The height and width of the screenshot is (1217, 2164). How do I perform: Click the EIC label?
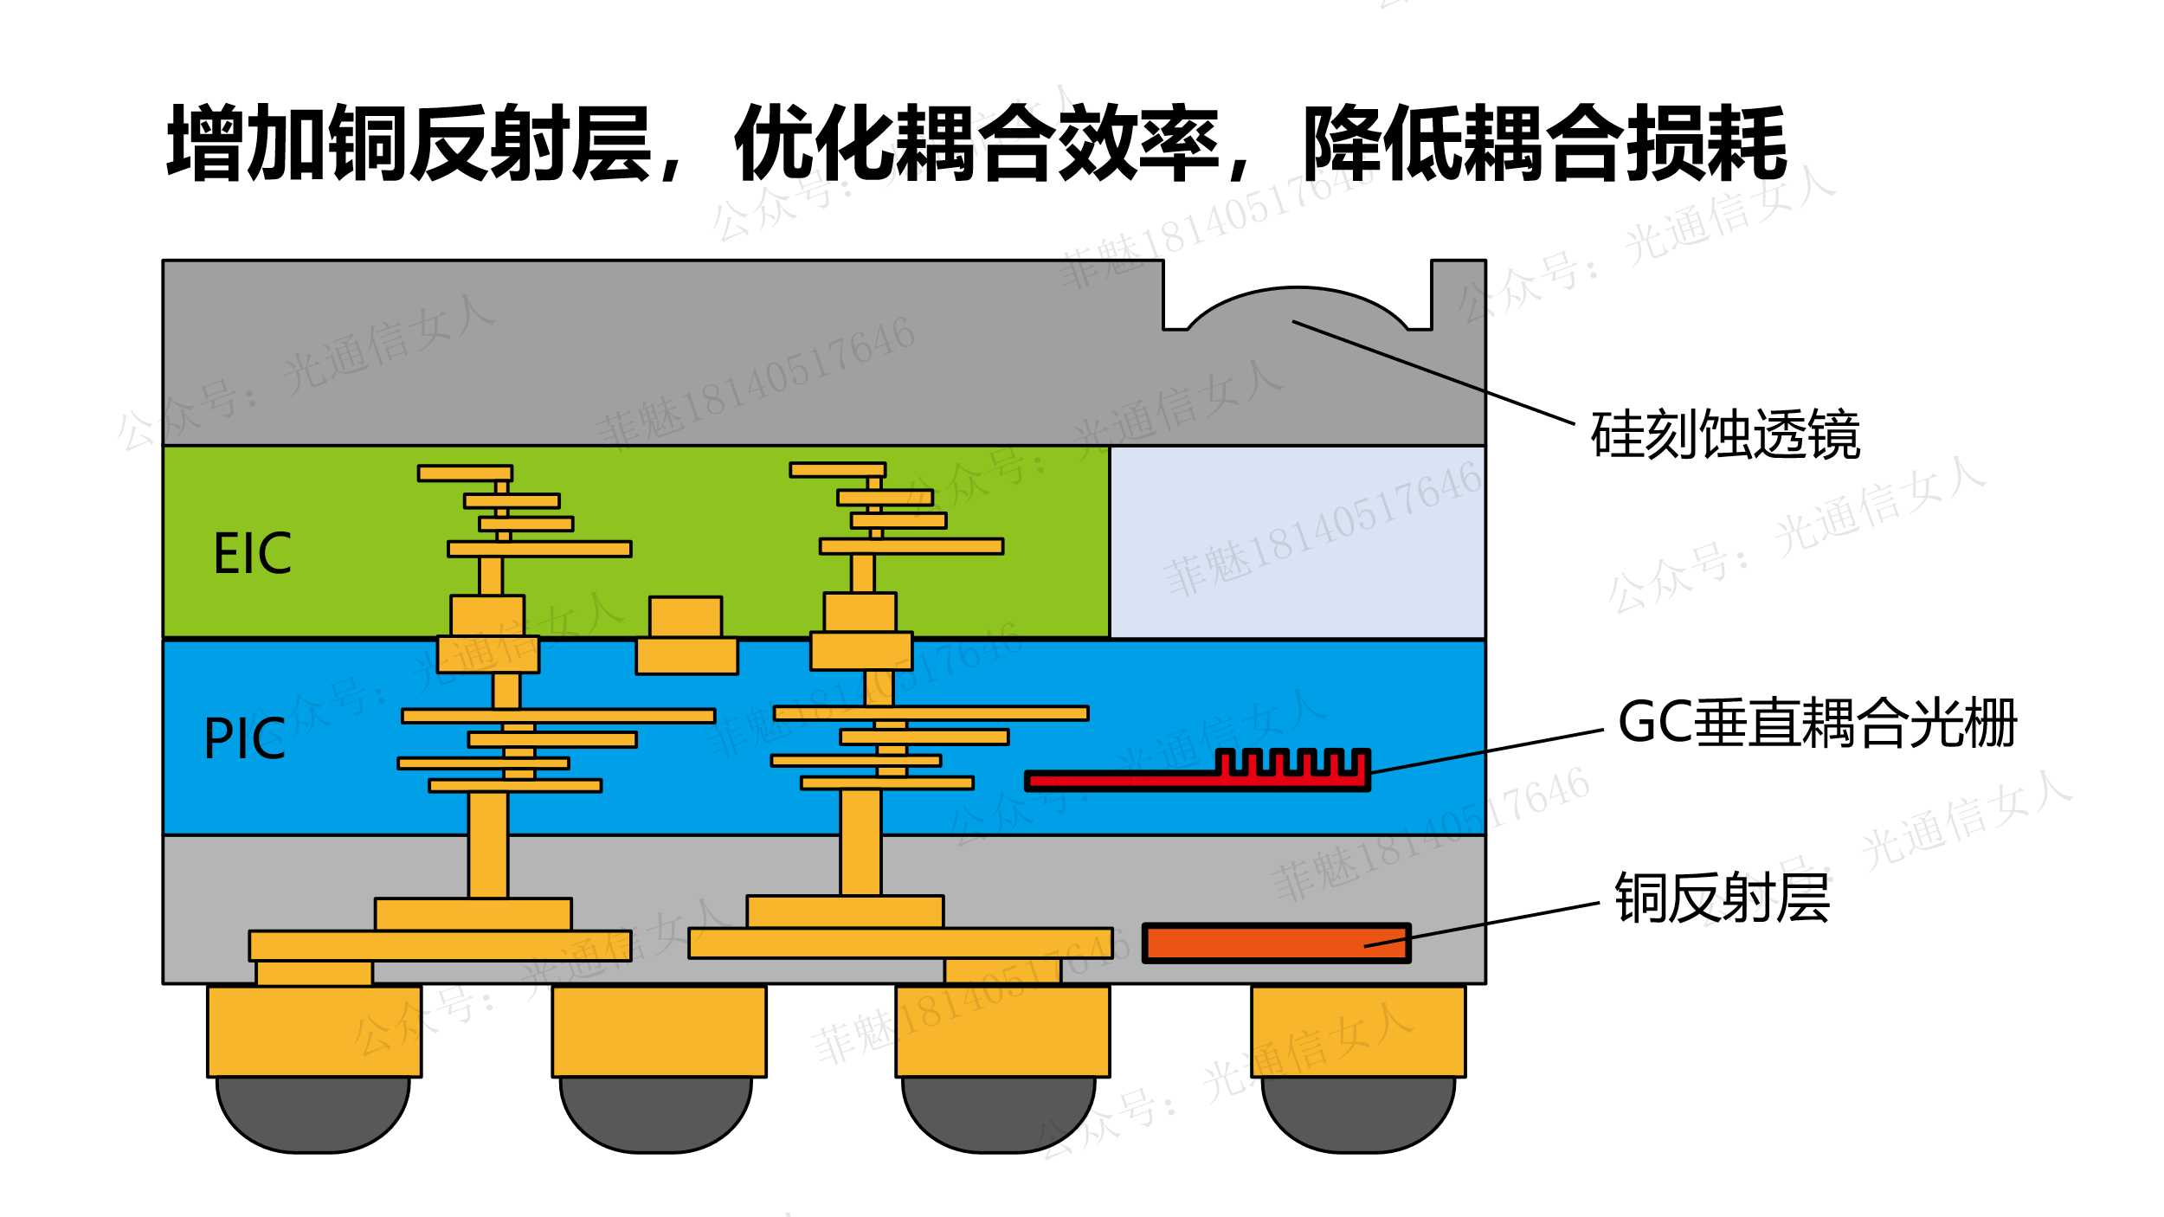click(x=252, y=554)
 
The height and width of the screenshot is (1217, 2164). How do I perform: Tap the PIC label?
click(x=244, y=739)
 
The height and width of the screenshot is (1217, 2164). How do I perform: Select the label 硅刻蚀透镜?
click(x=1725, y=435)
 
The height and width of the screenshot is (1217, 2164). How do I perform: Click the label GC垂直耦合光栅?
click(x=1818, y=724)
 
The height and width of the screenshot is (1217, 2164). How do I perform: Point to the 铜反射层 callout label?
click(x=1723, y=898)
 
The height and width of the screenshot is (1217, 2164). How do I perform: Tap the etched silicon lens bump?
click(x=1297, y=307)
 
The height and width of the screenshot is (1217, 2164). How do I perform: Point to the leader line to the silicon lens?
click(x=1433, y=373)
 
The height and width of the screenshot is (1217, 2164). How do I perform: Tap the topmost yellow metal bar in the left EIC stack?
click(x=465, y=473)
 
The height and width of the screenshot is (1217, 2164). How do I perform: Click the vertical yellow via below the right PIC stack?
click(x=860, y=842)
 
